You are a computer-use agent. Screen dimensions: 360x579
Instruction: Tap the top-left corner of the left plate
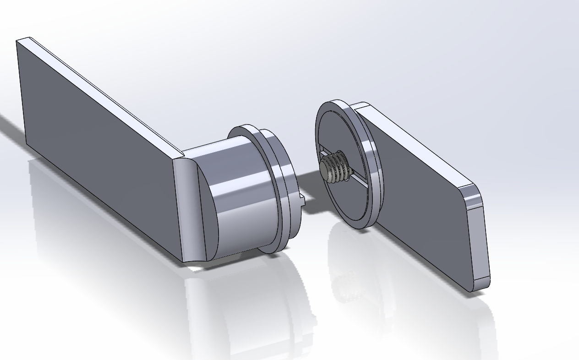[x=18, y=41]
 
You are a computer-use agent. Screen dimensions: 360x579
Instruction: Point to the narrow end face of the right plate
[x=479, y=238]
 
